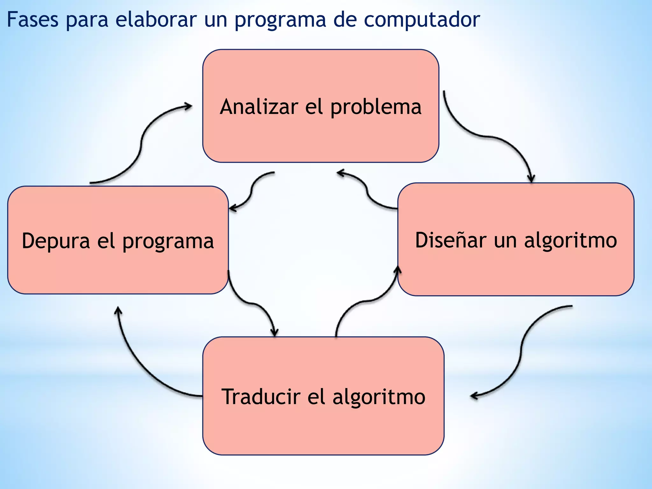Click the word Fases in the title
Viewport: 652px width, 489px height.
[x=32, y=20]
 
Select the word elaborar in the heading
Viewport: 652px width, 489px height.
[x=156, y=20]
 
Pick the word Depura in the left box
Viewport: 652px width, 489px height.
[x=56, y=241]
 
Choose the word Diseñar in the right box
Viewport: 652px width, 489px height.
[x=450, y=240]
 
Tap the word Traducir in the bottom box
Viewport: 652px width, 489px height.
[x=261, y=397]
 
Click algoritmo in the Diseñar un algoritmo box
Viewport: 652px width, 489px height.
[x=570, y=241]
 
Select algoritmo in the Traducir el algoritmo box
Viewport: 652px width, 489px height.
[x=379, y=397]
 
